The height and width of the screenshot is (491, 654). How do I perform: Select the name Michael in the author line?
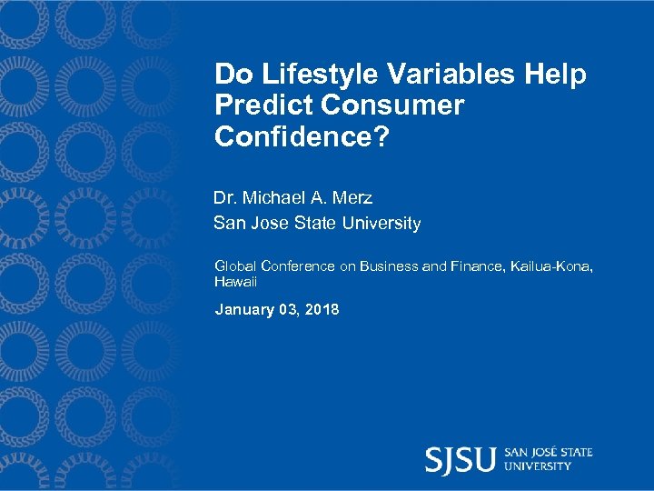coord(275,197)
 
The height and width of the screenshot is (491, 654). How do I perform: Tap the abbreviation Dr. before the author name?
coord(224,197)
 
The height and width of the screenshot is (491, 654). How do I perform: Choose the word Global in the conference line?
coord(235,266)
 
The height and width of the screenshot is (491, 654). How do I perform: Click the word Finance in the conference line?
coord(476,266)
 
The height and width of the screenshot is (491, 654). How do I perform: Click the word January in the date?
coord(244,310)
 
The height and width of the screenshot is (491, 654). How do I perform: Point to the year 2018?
coord(322,310)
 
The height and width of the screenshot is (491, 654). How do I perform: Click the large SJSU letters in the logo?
coord(461,459)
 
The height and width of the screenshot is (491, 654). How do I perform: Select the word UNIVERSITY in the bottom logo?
coord(539,466)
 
